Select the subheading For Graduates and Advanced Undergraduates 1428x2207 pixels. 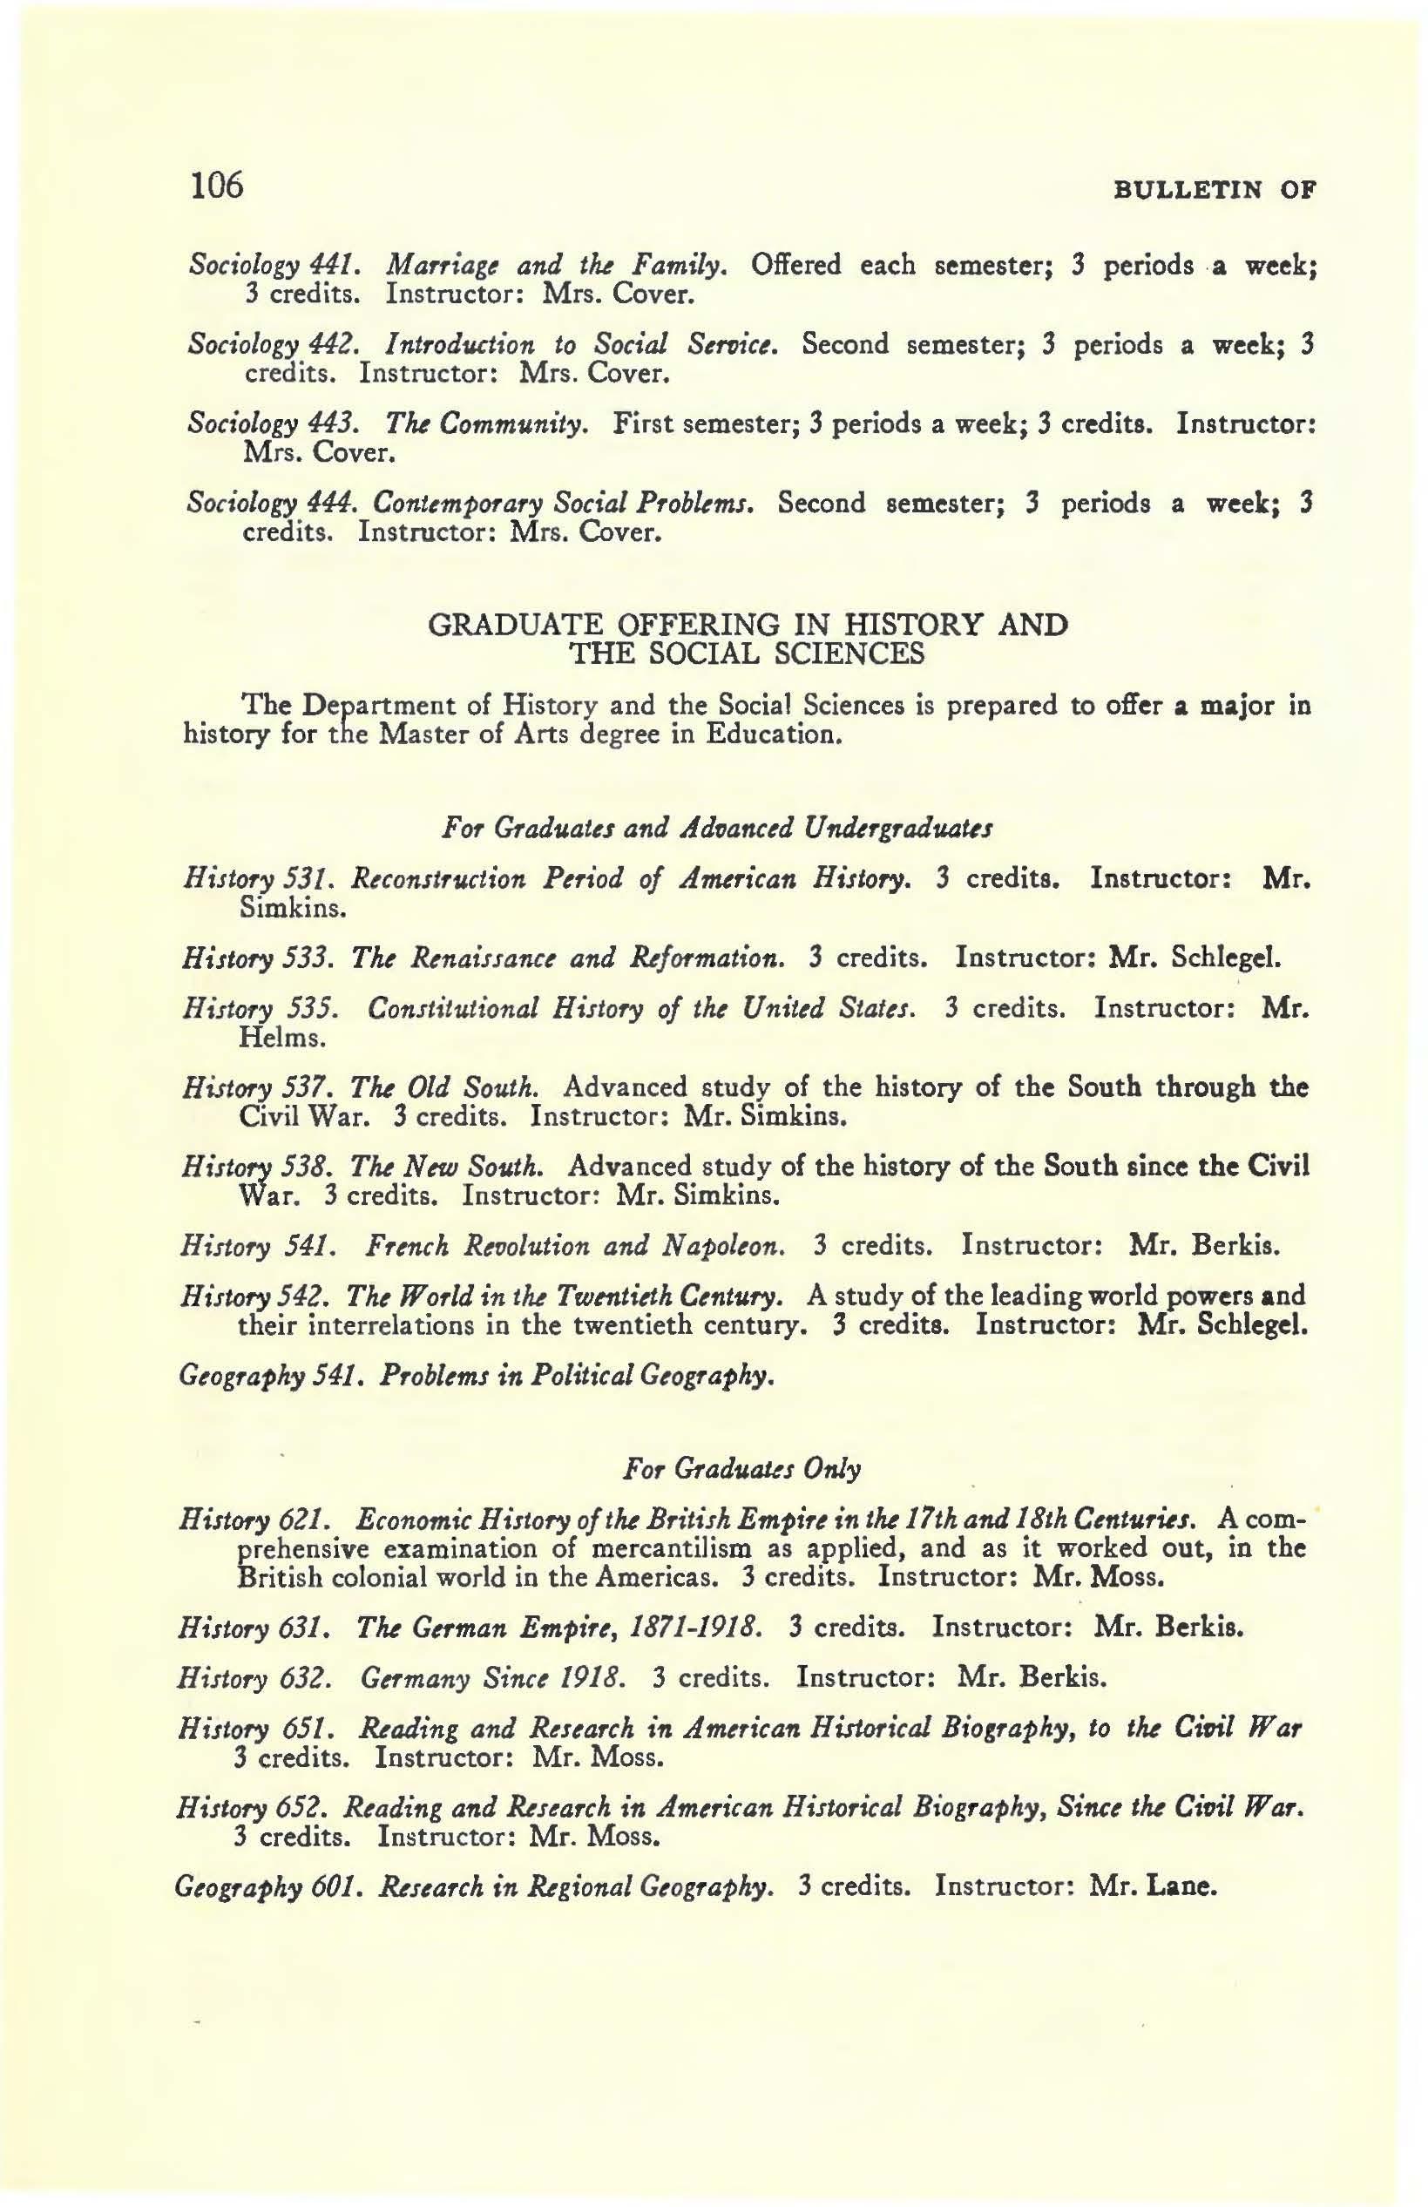tap(718, 825)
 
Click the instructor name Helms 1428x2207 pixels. tap(281, 1039)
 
